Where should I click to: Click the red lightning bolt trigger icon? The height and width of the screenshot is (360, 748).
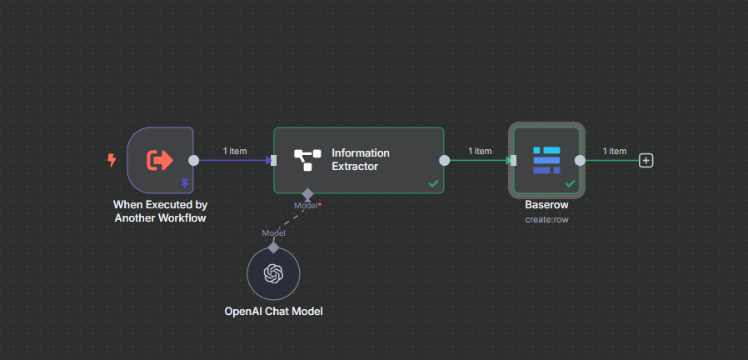[112, 159]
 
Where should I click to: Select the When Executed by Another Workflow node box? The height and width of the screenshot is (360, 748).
[160, 159]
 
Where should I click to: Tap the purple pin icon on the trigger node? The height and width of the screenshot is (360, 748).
[185, 182]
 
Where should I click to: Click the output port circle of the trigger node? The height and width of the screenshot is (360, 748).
[193, 160]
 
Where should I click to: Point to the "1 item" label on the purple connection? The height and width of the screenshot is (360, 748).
[235, 151]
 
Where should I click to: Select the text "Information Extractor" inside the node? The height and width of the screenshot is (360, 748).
[361, 159]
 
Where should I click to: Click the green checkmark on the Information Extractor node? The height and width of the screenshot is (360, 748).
[433, 182]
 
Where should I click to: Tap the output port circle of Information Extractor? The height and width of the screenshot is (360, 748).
[444, 160]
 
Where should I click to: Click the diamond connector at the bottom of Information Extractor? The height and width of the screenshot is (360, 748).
[307, 193]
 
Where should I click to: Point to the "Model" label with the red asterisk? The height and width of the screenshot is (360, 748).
[307, 205]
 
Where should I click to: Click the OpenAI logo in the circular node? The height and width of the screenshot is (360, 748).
[273, 273]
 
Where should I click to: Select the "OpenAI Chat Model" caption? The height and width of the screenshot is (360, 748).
[273, 312]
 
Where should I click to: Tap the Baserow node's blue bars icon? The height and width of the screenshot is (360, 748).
[546, 160]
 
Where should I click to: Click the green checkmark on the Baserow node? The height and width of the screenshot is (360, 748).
[570, 182]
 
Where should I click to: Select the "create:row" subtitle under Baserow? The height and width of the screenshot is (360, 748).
[546, 219]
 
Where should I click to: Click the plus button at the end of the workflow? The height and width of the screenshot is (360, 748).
[646, 160]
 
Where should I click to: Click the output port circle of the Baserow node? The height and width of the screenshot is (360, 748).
[580, 160]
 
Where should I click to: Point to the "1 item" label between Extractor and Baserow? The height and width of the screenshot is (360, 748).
[480, 151]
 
